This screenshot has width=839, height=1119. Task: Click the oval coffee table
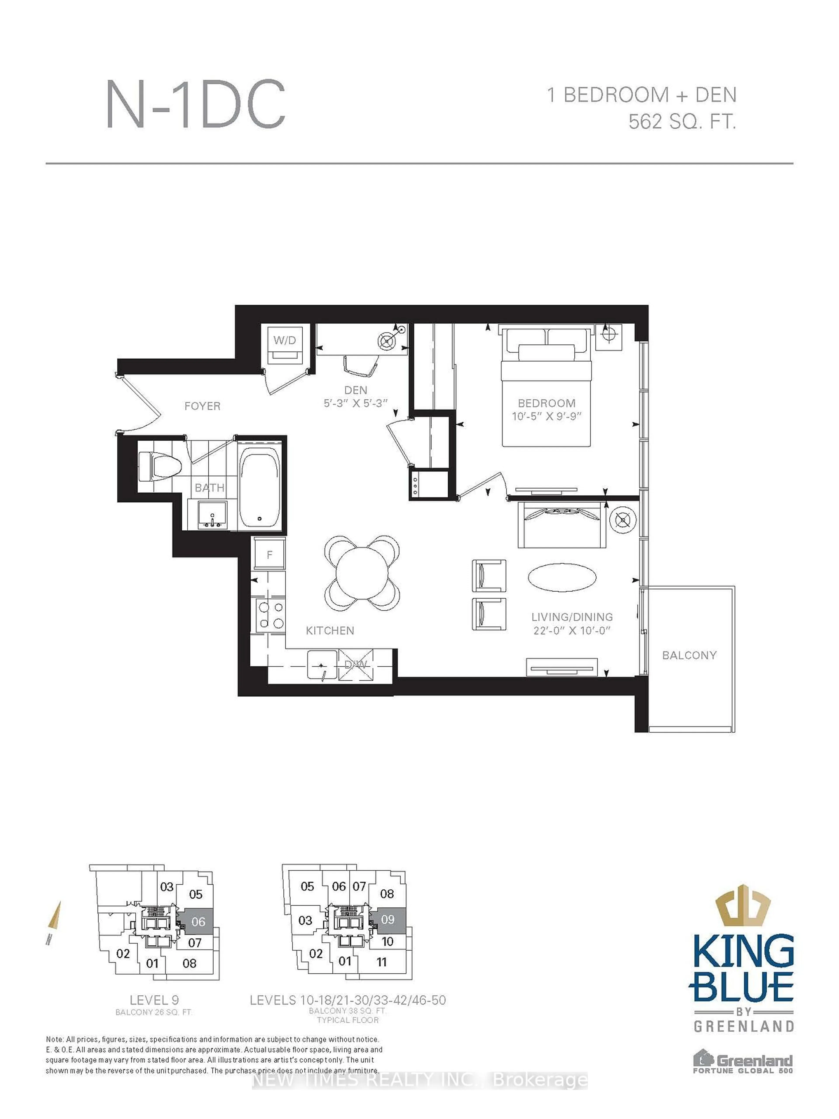562,577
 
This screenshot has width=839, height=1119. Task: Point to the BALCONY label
689,655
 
